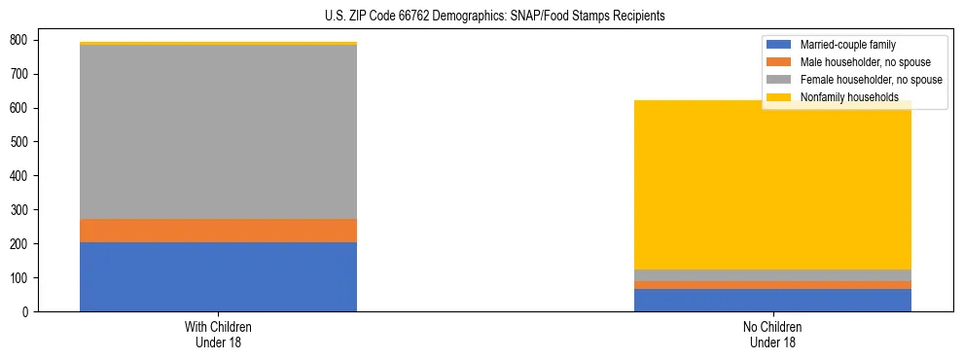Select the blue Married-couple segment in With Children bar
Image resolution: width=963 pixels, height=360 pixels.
(x=218, y=276)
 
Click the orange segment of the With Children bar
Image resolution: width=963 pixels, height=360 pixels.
(x=218, y=231)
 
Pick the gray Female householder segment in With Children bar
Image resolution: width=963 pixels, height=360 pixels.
(x=218, y=132)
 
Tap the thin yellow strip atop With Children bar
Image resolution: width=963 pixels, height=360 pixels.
(x=218, y=43)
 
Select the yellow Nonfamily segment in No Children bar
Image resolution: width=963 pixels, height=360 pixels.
(x=772, y=185)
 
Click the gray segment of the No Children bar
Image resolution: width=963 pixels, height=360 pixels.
(x=772, y=275)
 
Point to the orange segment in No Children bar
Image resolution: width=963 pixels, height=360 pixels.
(x=772, y=285)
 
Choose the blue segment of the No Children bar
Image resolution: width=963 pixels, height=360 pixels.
(x=772, y=300)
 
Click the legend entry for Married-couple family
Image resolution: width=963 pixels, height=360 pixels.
(x=847, y=45)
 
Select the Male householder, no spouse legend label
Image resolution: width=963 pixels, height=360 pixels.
(x=865, y=62)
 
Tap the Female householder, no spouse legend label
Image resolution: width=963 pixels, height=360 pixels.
(x=871, y=80)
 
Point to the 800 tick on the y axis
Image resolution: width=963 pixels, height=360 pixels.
(x=19, y=40)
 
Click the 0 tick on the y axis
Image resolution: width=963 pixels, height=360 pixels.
(x=25, y=311)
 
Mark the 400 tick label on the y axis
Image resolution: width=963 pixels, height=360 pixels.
(x=19, y=176)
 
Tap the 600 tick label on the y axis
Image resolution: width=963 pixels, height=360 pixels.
(x=19, y=108)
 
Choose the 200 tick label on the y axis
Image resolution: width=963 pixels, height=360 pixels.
(x=19, y=244)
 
